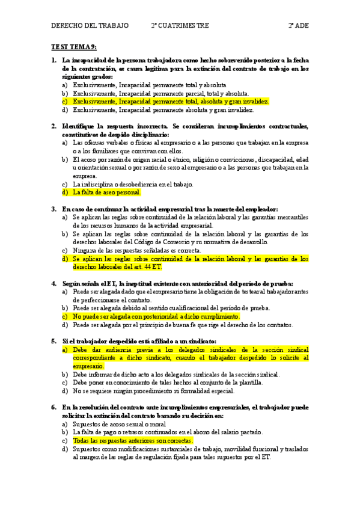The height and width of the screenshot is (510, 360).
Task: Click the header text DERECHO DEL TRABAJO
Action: point(90,26)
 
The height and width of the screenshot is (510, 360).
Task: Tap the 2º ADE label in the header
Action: point(298,26)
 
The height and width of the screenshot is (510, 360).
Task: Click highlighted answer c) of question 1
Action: point(171,102)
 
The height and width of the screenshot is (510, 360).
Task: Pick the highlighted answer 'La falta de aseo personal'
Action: point(107,192)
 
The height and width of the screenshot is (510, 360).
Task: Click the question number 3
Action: point(54,209)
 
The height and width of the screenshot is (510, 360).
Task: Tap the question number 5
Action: point(54,341)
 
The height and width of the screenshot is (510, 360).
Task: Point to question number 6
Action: point(54,407)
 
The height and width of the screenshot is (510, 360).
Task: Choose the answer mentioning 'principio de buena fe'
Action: point(183,325)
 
